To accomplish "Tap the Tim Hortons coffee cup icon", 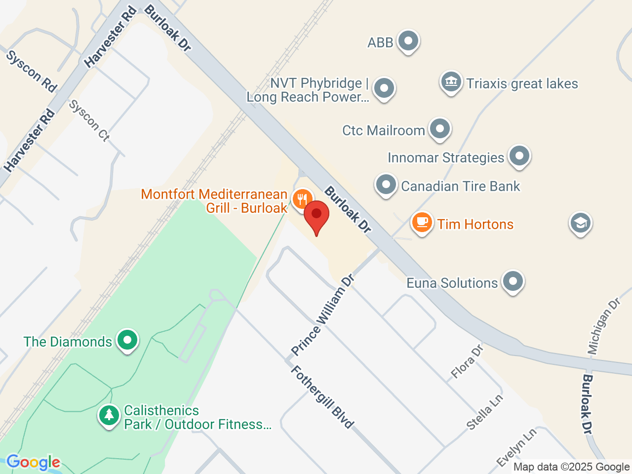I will pyautogui.click(x=422, y=223).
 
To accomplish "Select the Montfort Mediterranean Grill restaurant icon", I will pyautogui.click(x=302, y=199).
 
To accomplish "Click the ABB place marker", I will pyautogui.click(x=408, y=41).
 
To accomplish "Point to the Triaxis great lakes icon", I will pyautogui.click(x=450, y=82).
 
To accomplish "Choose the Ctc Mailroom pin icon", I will pyautogui.click(x=439, y=129).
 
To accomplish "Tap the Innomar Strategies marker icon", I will pyautogui.click(x=518, y=157).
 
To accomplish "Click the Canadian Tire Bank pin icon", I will pyautogui.click(x=386, y=185).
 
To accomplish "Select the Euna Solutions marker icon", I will pyautogui.click(x=513, y=282).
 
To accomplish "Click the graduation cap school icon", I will pyautogui.click(x=580, y=223).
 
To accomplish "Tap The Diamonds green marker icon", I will pyautogui.click(x=127, y=340).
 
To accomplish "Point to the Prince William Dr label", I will pyautogui.click(x=323, y=315).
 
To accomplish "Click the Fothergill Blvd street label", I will pyautogui.click(x=322, y=397).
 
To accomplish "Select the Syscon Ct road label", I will pyautogui.click(x=89, y=120).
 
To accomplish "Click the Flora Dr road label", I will pyautogui.click(x=467, y=362).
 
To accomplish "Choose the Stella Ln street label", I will pyautogui.click(x=485, y=412).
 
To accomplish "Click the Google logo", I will pyautogui.click(x=34, y=462).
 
